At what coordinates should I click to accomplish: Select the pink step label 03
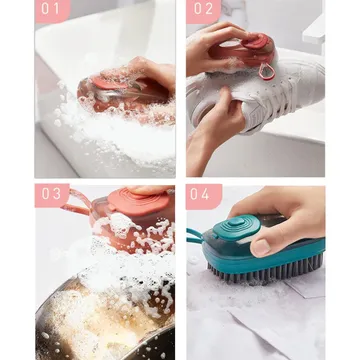coord(52,195)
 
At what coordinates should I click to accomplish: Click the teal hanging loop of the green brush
coord(195,235)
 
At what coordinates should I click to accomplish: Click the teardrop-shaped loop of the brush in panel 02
coord(268,71)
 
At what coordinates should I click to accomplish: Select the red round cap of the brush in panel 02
coord(257,42)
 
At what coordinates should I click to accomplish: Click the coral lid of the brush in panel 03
coord(138,202)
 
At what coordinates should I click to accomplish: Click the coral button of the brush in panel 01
coord(107,83)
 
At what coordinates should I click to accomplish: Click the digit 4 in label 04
coord(206,194)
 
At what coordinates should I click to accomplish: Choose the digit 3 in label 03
coord(57,194)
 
